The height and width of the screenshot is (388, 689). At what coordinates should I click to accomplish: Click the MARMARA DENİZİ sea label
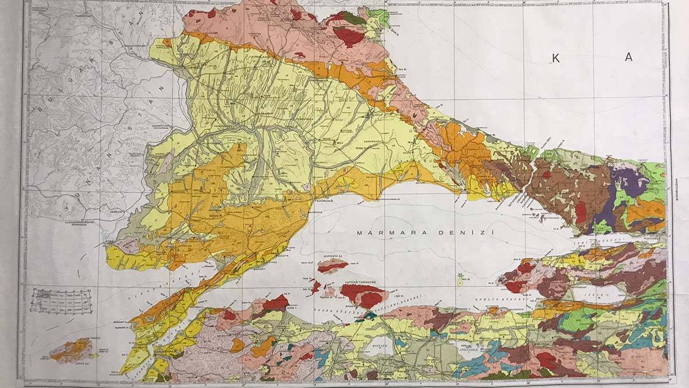click(424, 233)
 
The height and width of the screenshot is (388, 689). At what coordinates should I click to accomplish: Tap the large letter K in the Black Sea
click(555, 57)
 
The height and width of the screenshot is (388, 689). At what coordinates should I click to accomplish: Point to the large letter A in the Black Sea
click(629, 57)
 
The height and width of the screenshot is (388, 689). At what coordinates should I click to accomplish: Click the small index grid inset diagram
click(60, 301)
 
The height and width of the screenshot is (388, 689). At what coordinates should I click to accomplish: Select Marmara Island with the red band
click(333, 265)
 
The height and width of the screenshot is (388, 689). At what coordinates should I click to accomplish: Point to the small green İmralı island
click(459, 281)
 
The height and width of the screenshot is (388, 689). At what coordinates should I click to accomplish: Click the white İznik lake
click(603, 295)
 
